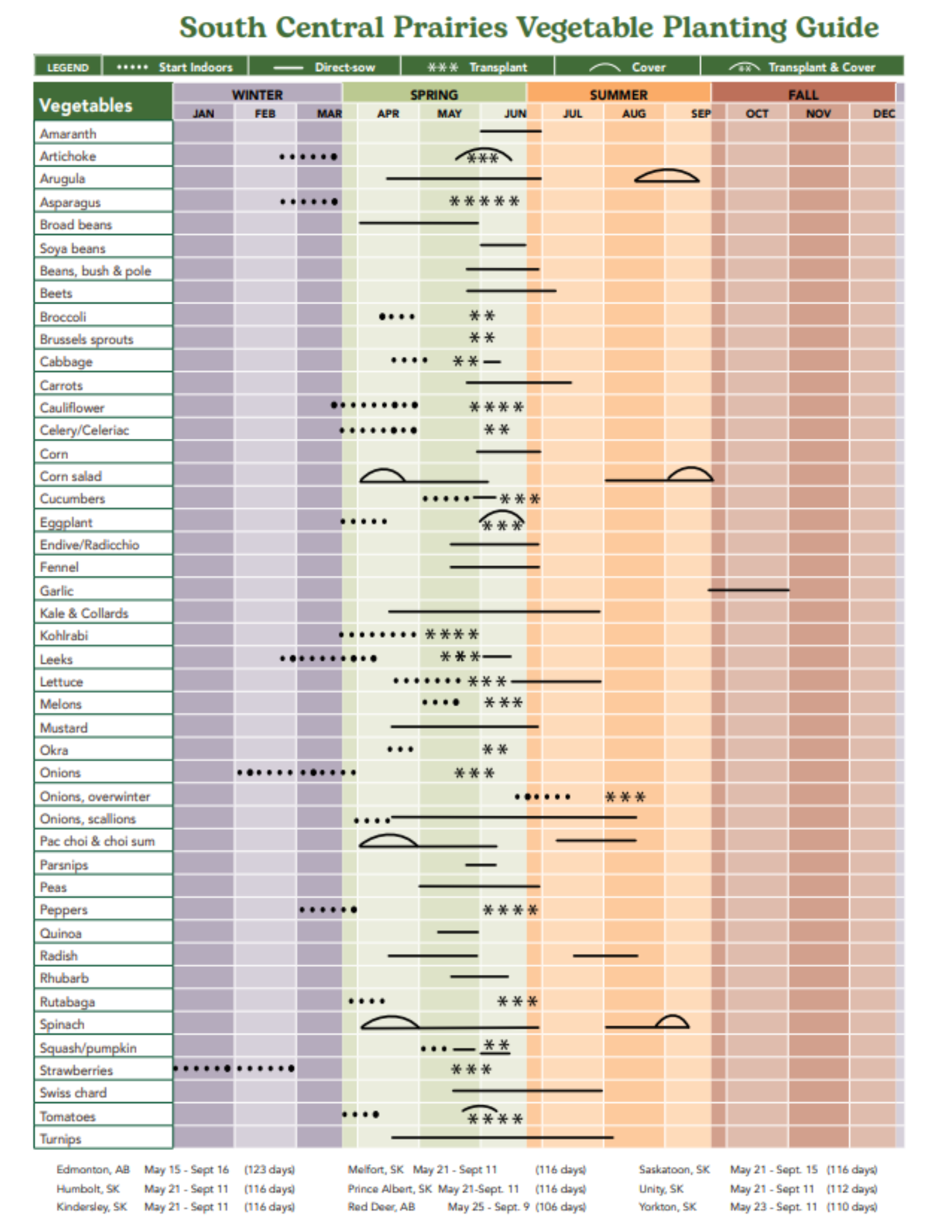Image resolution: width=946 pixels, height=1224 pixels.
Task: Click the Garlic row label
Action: pos(56,591)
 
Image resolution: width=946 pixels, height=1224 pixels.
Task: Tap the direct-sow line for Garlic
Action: pos(748,590)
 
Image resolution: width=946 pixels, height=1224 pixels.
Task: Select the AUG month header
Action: pos(634,114)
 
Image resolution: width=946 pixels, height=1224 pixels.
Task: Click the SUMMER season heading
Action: pos(618,95)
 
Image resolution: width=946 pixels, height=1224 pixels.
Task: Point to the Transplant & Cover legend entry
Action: pos(801,67)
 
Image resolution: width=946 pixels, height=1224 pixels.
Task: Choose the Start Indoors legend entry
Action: pos(175,67)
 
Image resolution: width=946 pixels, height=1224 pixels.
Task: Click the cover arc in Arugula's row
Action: pos(666,177)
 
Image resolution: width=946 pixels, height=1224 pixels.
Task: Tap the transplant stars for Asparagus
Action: pos(484,201)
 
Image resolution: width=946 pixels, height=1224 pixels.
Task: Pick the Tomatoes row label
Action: pos(67,1117)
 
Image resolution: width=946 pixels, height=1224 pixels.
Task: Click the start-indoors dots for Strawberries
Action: pos(233,1069)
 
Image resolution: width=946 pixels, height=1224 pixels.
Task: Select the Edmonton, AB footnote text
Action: pos(93,1170)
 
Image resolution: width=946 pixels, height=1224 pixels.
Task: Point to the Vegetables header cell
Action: pos(86,105)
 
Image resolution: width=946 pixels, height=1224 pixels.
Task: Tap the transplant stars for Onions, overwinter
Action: pos(625,797)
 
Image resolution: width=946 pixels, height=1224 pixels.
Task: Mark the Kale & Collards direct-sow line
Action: pos(494,611)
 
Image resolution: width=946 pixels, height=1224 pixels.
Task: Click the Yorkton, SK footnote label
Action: pos(667,1207)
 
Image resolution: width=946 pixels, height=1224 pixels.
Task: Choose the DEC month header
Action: pos(883,114)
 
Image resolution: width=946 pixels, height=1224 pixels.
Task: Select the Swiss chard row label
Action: pos(73,1093)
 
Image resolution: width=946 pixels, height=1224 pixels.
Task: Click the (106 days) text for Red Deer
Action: pos(560,1207)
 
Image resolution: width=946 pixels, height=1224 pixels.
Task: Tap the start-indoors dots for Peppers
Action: pos(328,909)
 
